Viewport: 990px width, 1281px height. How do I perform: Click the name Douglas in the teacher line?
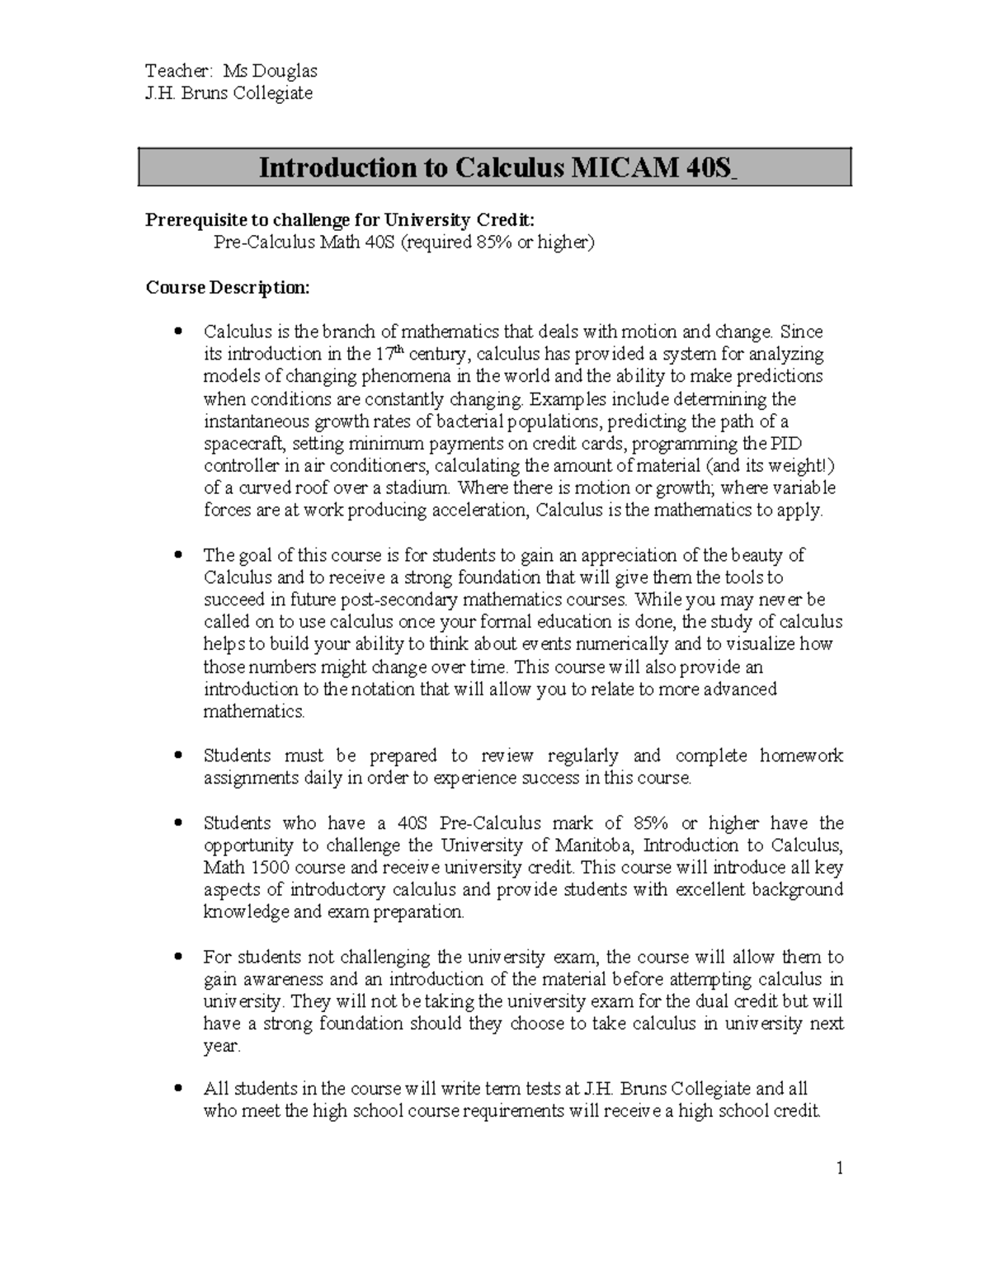click(x=287, y=71)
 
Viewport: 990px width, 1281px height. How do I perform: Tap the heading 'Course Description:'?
click(x=228, y=287)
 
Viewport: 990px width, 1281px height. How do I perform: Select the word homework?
click(x=801, y=756)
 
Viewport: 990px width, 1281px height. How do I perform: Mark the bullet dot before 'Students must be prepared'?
click(x=177, y=756)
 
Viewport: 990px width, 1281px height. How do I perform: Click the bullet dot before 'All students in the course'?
click(x=177, y=1090)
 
